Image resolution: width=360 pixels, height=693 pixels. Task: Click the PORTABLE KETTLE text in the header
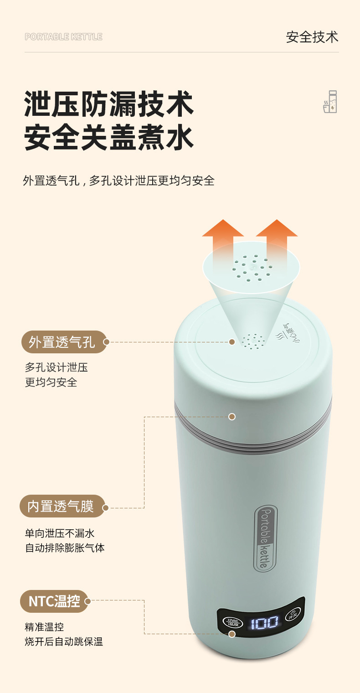(x=63, y=37)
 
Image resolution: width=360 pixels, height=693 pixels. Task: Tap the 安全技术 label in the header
(x=312, y=37)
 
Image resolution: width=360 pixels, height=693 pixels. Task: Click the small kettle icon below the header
(x=330, y=102)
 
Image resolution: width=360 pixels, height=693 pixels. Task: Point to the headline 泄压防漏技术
(x=109, y=103)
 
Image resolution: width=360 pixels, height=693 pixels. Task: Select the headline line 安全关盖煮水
(x=109, y=137)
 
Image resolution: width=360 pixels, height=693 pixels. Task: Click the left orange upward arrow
(x=223, y=244)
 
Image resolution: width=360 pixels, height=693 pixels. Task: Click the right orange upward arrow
(x=277, y=244)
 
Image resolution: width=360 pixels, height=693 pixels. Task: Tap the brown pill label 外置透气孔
(x=64, y=342)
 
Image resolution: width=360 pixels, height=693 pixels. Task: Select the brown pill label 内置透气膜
(x=62, y=506)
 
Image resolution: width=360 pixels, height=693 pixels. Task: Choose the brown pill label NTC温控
(x=54, y=601)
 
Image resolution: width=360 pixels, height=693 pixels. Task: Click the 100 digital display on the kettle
(x=264, y=622)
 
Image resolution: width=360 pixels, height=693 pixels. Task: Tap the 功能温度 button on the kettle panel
(x=232, y=621)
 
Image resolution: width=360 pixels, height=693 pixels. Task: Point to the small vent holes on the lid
(x=253, y=341)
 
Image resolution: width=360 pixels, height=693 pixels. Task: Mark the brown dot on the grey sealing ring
(x=232, y=417)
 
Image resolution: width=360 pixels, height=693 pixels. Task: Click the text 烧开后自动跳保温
(x=64, y=641)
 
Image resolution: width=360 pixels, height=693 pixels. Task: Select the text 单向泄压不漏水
(x=60, y=533)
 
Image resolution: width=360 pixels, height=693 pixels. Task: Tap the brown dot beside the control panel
(x=232, y=634)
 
